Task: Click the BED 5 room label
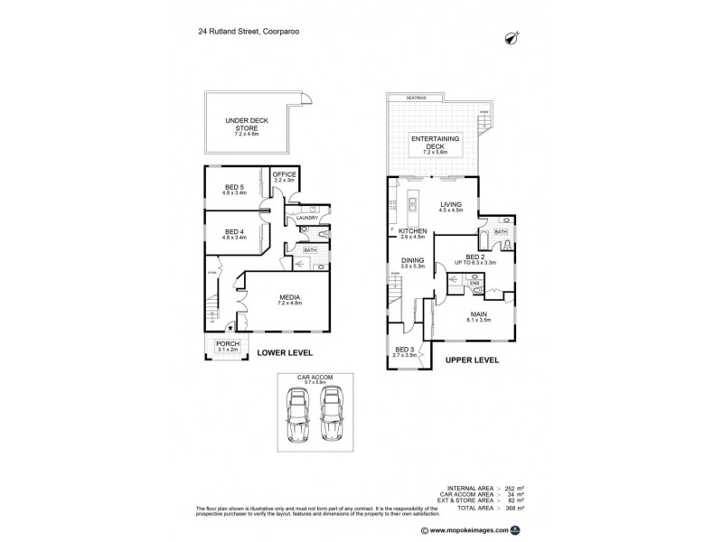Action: pos(235,187)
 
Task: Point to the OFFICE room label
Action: pos(285,174)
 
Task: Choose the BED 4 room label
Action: pos(235,231)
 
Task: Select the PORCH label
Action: pos(226,344)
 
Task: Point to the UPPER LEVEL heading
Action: pos(472,360)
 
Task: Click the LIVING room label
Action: pos(451,205)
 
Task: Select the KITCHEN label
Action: pos(412,231)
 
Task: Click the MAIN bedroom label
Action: pos(477,313)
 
